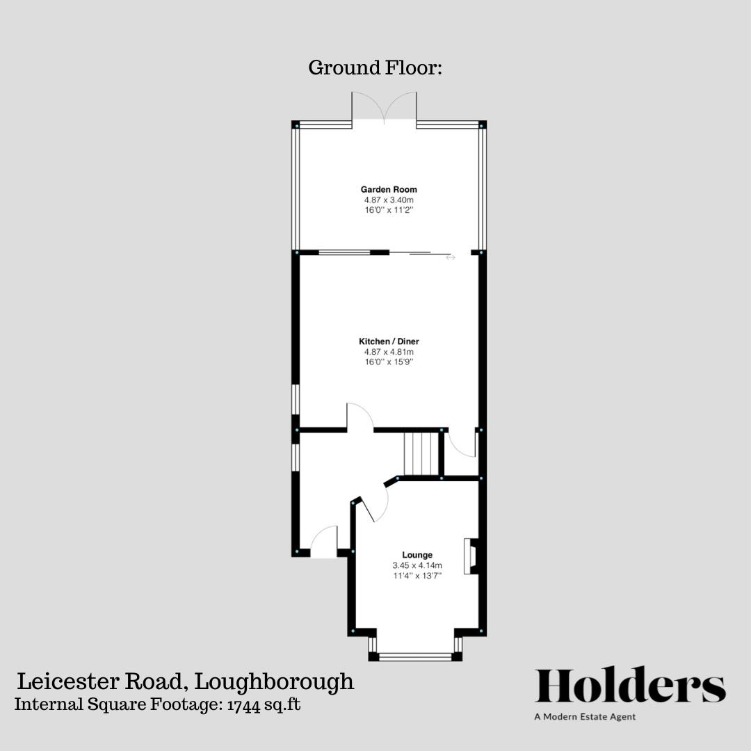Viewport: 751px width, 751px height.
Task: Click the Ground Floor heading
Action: coord(375,68)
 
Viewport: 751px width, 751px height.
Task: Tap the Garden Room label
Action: coord(389,189)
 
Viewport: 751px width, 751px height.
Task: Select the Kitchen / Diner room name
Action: coord(389,341)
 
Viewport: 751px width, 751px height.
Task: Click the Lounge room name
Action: coord(417,555)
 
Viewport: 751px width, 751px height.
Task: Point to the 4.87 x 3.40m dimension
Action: coord(389,200)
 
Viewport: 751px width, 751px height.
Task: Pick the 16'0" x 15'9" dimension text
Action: coord(389,362)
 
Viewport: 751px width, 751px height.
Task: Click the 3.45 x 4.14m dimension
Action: coord(417,565)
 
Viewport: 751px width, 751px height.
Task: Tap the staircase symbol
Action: coord(421,453)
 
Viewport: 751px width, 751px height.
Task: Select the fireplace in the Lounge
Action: coord(471,556)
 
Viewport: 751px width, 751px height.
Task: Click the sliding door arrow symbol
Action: coord(451,258)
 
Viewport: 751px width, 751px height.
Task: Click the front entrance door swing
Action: coord(324,542)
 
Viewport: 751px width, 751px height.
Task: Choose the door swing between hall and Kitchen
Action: coord(360,417)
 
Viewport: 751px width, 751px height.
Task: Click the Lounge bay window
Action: coord(415,654)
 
